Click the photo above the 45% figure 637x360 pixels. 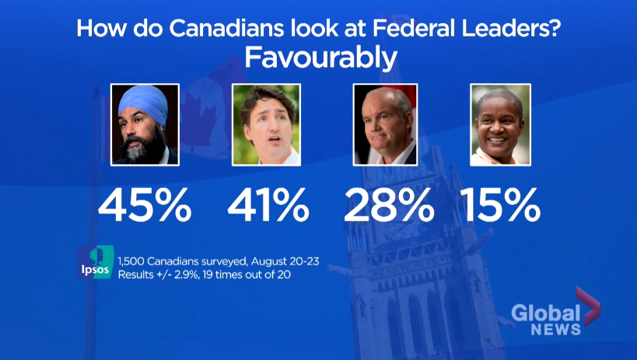[x=145, y=124]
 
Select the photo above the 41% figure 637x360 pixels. [x=267, y=124]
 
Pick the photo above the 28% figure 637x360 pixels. [x=386, y=124]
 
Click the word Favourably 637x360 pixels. [x=320, y=57]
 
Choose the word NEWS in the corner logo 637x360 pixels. [x=555, y=330]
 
